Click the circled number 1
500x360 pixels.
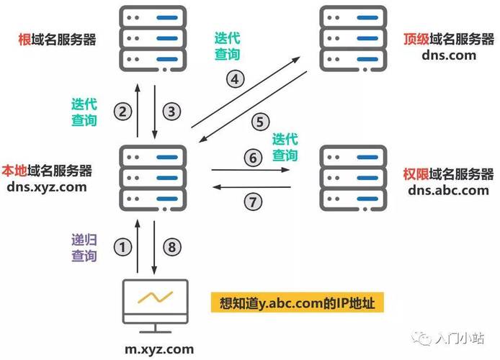pyautogui.click(x=125, y=247)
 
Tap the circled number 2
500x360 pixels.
pyautogui.click(x=125, y=112)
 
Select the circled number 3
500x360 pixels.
pyautogui.click(x=171, y=112)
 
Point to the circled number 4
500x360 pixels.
pyautogui.click(x=236, y=79)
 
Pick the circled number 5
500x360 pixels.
pyautogui.click(x=260, y=122)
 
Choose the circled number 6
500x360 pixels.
pyautogui.click(x=251, y=156)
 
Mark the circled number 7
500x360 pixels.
pyautogui.click(x=251, y=202)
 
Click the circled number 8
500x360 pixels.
pyautogui.click(x=171, y=247)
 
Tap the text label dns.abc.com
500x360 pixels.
pyautogui.click(x=448, y=190)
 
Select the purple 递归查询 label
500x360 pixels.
pyautogui.click(x=84, y=248)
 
